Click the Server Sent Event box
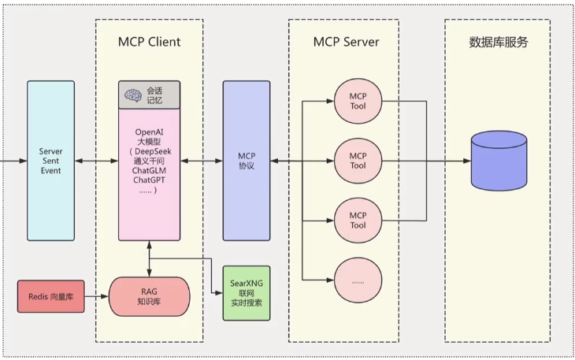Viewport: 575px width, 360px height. coord(50,160)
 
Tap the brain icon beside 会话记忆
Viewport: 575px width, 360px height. coord(133,95)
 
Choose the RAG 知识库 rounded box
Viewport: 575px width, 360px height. coord(149,296)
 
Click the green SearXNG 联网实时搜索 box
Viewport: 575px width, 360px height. coord(246,292)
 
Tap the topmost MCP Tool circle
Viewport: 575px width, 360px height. coord(358,101)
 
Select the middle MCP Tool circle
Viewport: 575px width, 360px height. coord(358,160)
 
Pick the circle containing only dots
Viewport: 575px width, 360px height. coord(358,279)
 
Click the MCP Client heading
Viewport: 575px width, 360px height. coord(149,42)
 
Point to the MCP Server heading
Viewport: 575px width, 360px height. coord(343,42)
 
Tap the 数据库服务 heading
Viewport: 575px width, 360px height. coord(498,42)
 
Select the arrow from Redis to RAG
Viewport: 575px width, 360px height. coord(96,296)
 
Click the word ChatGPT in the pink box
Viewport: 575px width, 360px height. coord(149,180)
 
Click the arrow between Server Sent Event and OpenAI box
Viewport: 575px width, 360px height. coord(96,161)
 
